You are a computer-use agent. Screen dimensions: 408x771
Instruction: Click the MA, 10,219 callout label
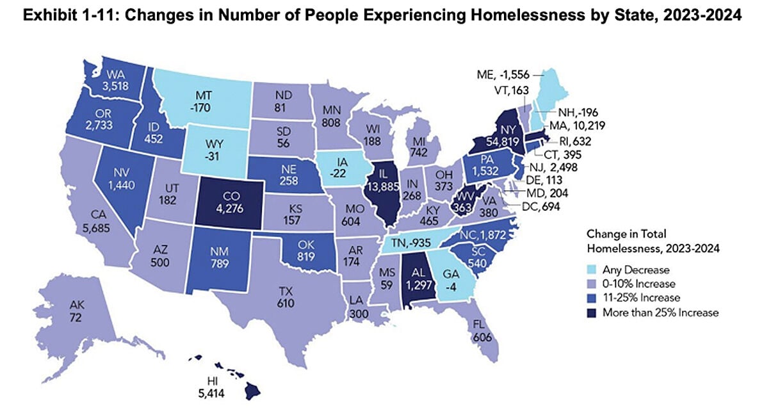577,125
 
